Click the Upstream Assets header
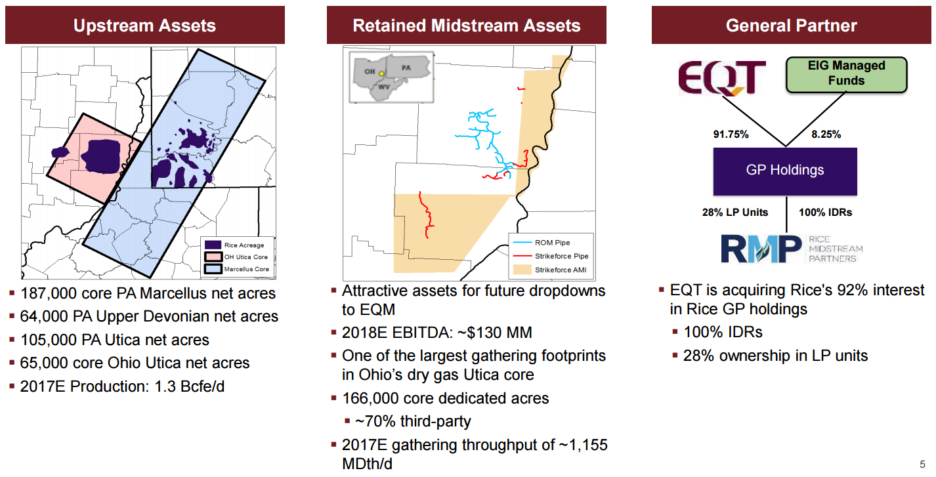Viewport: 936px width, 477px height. (x=144, y=26)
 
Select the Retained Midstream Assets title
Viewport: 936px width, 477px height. (x=466, y=26)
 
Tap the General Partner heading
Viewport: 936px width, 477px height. (x=792, y=26)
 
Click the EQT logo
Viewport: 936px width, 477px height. (x=721, y=77)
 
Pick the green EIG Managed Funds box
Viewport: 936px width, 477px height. (x=846, y=75)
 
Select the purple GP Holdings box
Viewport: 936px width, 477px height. (x=785, y=171)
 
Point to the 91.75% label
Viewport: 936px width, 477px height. (x=731, y=134)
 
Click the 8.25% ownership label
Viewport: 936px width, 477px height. (x=826, y=134)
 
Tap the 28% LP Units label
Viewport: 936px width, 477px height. (x=735, y=212)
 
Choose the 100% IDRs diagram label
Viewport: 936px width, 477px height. (x=825, y=212)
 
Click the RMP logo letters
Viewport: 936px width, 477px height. (x=761, y=249)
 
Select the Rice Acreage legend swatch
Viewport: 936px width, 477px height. (x=213, y=245)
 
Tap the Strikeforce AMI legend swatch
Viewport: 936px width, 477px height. (x=522, y=270)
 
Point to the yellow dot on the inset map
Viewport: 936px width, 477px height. (x=381, y=73)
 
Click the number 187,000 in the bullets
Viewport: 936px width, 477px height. (x=48, y=293)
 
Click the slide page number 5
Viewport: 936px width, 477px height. (x=922, y=464)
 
